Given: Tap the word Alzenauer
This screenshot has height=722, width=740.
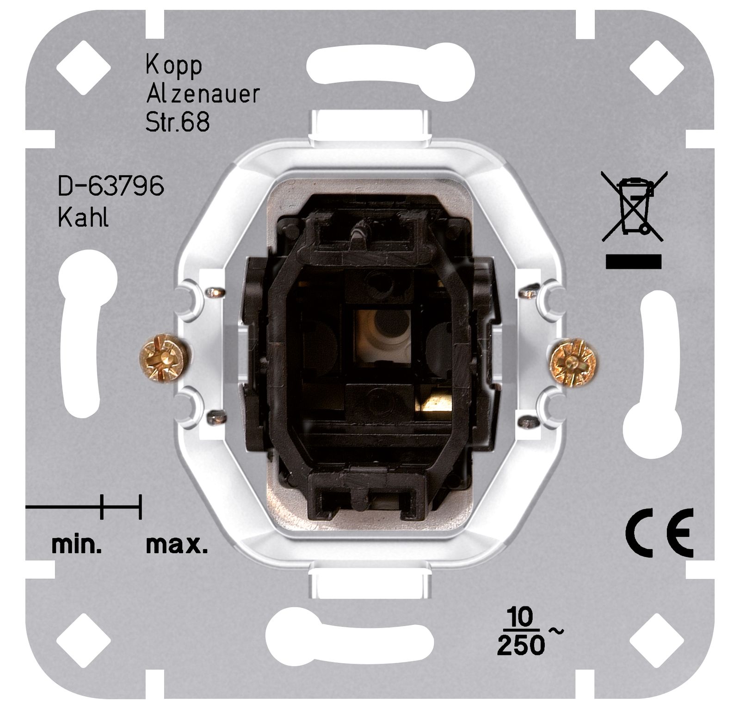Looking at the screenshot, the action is tap(203, 94).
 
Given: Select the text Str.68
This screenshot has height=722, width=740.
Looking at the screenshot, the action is tap(178, 122).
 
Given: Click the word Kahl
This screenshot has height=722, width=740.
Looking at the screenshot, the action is tap(83, 216).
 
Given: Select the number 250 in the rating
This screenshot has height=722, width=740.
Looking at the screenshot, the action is tap(521, 645).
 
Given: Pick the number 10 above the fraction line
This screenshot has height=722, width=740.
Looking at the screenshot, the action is tap(520, 617).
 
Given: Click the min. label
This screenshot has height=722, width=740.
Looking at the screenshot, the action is tap(76, 546).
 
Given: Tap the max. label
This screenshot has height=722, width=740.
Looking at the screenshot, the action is tap(177, 546).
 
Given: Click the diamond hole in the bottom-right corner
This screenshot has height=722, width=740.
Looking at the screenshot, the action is tap(657, 640).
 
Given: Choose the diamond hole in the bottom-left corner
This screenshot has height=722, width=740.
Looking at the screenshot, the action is tap(83, 640).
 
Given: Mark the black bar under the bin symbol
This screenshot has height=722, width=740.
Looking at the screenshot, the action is tap(634, 261).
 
